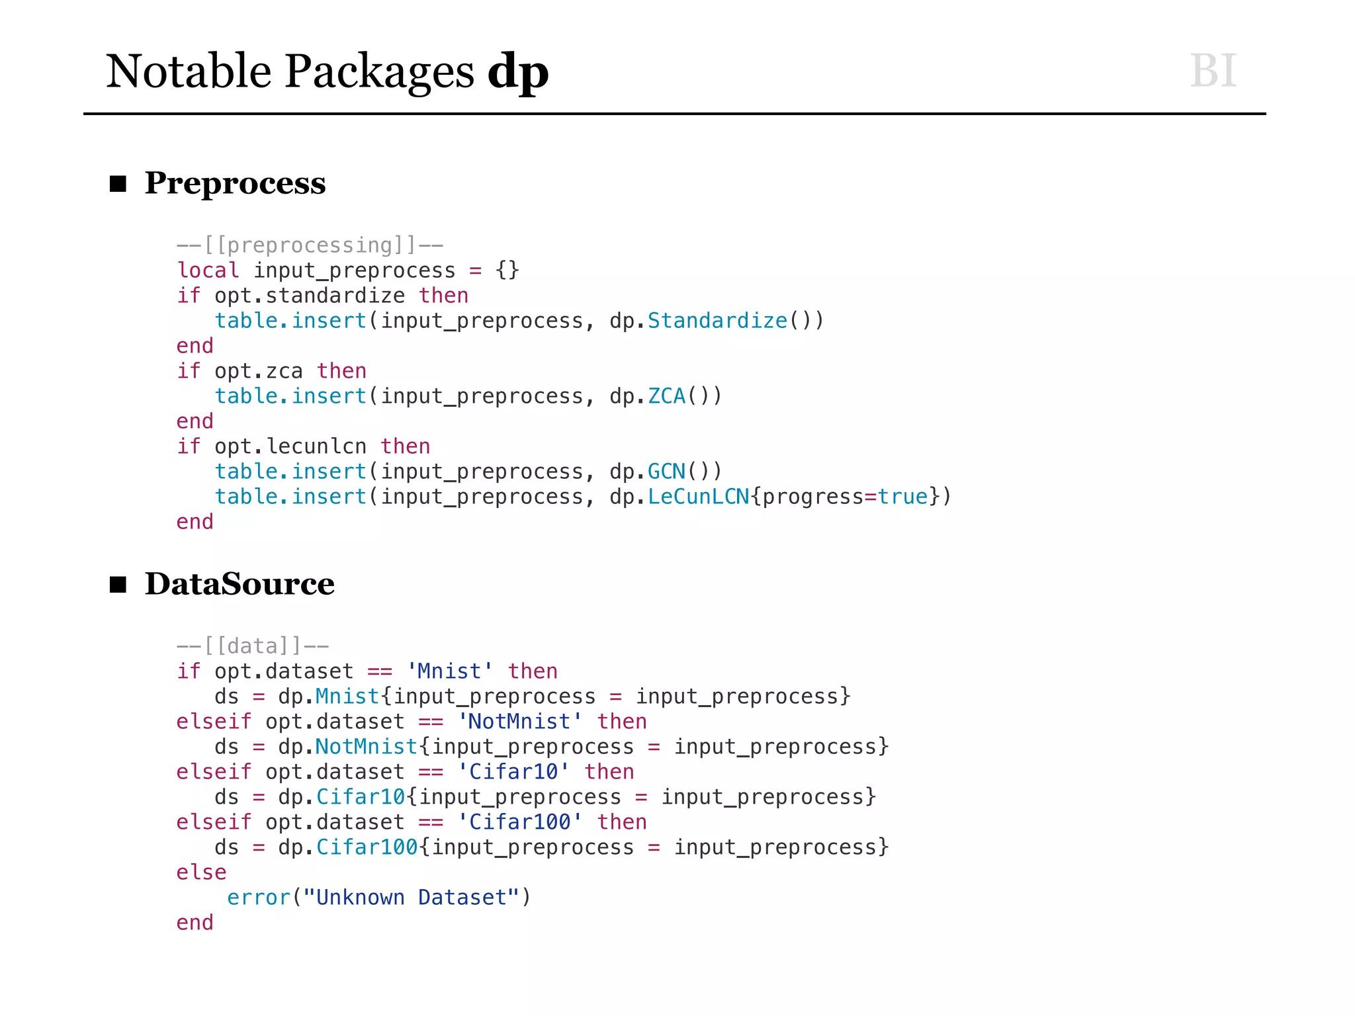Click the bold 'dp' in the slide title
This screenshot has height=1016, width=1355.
518,71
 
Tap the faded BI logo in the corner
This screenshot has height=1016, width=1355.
1213,70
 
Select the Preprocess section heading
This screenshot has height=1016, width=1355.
235,183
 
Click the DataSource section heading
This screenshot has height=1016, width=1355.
240,583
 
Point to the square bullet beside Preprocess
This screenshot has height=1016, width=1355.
118,183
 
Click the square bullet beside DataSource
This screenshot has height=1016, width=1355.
118,584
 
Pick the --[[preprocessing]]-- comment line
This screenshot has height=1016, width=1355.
310,245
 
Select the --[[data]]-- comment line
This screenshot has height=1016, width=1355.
252,646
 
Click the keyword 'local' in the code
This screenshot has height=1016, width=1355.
208,271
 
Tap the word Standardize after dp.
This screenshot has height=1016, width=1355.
717,321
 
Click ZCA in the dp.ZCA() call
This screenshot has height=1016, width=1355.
666,396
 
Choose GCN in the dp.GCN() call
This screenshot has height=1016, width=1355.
666,472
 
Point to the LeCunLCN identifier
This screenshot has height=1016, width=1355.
698,497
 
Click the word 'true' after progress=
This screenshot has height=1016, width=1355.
902,497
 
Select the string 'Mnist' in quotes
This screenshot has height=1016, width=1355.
450,671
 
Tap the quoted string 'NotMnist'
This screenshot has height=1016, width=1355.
519,722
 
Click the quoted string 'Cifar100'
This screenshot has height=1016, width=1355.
519,822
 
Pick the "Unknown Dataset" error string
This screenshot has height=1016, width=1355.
410,898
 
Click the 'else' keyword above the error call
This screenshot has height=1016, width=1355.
201,872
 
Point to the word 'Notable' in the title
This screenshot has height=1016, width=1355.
189,71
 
